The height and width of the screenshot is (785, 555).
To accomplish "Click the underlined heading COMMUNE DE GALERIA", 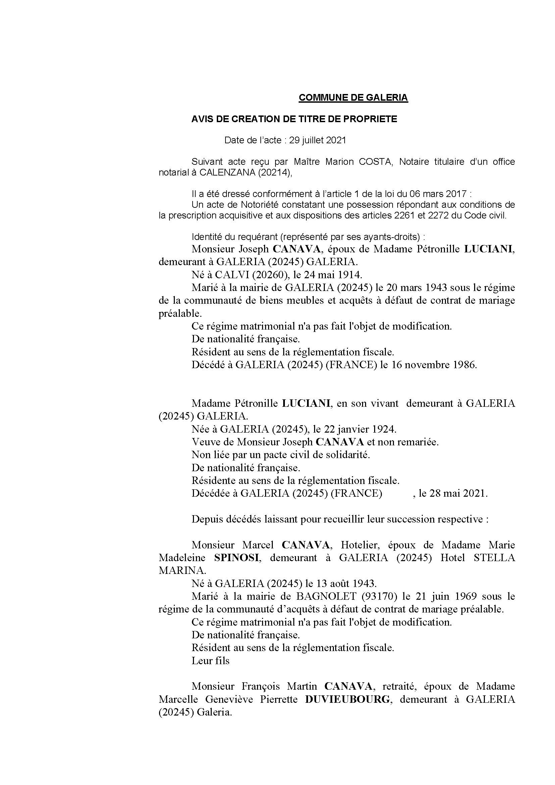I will (x=353, y=98).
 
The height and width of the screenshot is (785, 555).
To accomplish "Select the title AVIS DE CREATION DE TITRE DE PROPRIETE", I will (x=294, y=119).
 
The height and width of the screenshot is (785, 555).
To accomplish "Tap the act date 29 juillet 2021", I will (x=317, y=140).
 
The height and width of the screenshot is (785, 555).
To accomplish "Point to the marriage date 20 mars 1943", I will (x=417, y=288).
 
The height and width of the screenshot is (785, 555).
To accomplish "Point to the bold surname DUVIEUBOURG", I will (x=347, y=699).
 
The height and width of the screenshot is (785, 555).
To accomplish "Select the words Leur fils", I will (x=210, y=661).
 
